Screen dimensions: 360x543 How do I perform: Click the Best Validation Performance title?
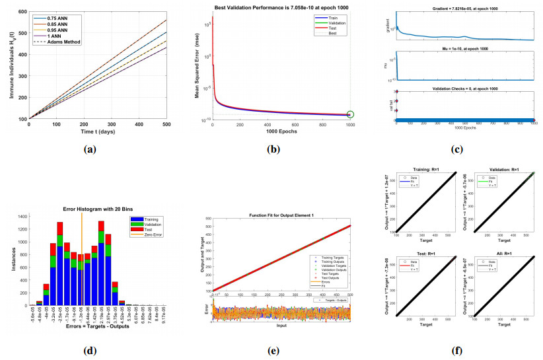[282, 7]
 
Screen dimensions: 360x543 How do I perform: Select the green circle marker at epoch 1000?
[349, 115]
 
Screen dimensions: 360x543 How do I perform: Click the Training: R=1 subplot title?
[416, 173]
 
